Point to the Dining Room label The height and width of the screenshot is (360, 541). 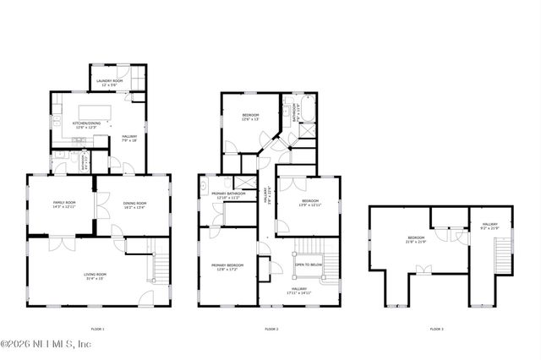135,205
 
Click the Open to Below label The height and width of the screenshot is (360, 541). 308,264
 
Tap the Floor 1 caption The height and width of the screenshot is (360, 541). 97,328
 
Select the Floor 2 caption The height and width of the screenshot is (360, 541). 271,328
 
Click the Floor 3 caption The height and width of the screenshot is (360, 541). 436,328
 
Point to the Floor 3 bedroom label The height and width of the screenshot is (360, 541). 416,240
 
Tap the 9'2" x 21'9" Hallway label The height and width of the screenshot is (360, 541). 490,226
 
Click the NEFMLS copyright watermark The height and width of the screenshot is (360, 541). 46,344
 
